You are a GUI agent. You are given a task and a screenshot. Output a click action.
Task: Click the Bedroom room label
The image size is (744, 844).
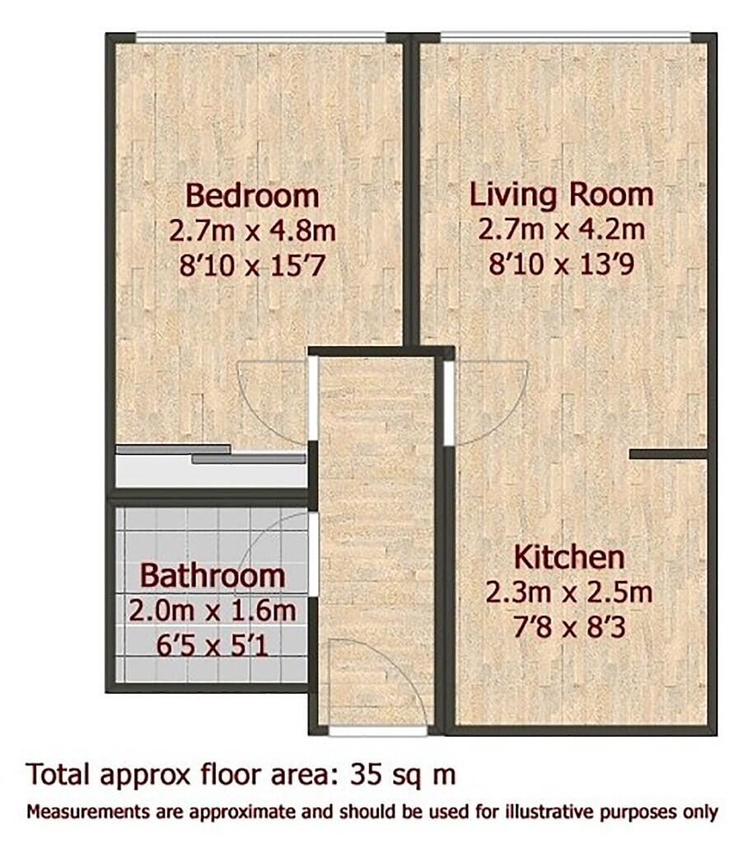pos(252,195)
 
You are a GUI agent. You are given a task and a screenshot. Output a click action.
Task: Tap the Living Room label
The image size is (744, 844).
pos(562,195)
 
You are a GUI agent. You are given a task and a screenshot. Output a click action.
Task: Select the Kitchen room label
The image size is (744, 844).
pos(569,557)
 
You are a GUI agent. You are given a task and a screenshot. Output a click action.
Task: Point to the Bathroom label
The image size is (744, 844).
pos(213,575)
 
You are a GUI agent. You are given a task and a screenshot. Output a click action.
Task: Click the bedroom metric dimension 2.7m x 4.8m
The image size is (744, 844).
pos(252,231)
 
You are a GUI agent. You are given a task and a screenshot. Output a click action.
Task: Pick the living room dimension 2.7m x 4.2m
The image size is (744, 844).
pos(562,229)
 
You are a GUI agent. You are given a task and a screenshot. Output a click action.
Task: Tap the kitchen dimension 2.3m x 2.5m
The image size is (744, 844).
pos(569,592)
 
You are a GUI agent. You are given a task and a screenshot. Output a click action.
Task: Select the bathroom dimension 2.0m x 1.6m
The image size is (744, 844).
pos(213,611)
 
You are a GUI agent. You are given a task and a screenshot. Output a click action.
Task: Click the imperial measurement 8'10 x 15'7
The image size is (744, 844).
pos(252,265)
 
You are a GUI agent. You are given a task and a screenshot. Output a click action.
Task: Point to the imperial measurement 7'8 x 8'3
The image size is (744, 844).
pos(569,627)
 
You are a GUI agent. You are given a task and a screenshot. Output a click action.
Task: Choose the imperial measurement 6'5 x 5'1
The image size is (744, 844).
pos(213,646)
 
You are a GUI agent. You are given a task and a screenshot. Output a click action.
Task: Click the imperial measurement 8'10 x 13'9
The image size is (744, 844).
pos(562,265)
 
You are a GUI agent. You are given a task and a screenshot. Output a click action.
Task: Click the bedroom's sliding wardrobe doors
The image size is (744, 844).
pos(211,454)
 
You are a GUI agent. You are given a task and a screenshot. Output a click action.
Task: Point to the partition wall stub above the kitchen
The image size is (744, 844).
pos(668,454)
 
